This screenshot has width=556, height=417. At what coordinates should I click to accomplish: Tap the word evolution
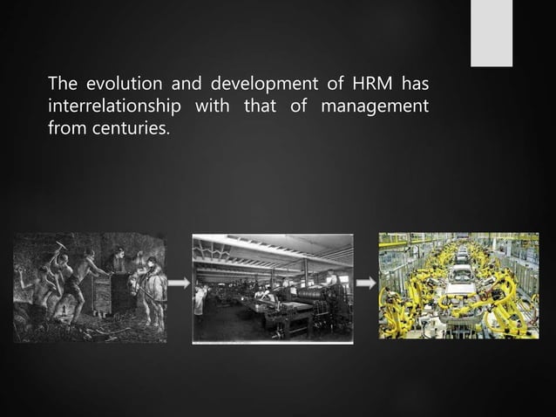click(116, 85)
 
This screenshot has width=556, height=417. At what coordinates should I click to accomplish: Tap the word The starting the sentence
click(64, 85)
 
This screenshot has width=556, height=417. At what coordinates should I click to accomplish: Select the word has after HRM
click(415, 85)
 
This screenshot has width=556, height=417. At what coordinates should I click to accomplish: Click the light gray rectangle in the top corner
click(492, 33)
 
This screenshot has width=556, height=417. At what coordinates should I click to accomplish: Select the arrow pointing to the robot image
click(365, 284)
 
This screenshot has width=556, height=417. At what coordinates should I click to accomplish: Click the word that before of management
click(281, 108)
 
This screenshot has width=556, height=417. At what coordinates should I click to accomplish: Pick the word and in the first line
click(180, 85)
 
